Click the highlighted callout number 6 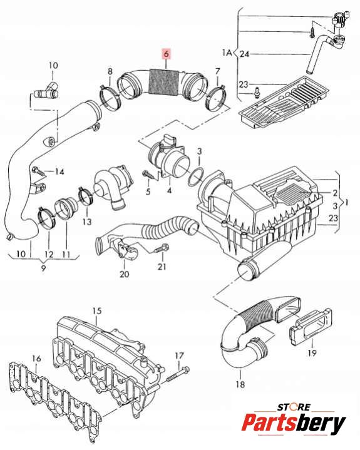[166, 54]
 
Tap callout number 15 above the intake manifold [97, 311]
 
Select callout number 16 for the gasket [36, 359]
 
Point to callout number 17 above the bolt [179, 356]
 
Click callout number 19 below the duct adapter [312, 353]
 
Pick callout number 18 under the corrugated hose [240, 384]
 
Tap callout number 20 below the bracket [125, 274]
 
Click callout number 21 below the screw [162, 267]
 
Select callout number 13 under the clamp [87, 222]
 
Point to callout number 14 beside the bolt [59, 172]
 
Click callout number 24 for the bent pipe [244, 54]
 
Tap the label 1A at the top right [227, 53]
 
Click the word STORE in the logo [294, 407]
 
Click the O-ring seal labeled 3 [196, 176]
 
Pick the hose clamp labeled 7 [215, 98]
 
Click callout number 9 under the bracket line [43, 268]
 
